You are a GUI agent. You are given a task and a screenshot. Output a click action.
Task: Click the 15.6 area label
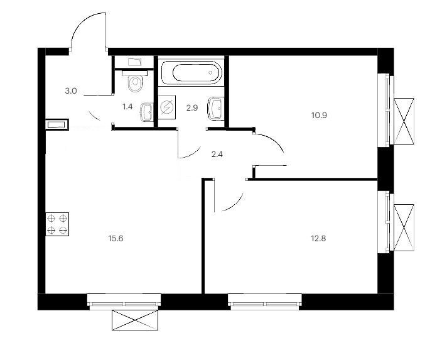tap(116, 239)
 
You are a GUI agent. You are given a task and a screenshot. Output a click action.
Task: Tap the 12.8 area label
tap(318, 239)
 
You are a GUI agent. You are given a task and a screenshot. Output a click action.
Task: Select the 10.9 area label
tap(319, 116)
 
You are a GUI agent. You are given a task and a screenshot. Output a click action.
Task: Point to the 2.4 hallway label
tap(217, 155)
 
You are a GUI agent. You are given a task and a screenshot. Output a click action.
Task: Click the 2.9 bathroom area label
tap(192, 108)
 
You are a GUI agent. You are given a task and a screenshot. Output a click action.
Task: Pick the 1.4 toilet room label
tap(127, 107)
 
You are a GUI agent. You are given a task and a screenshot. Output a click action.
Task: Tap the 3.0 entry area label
tap(71, 91)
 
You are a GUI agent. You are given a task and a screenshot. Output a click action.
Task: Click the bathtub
tap(191, 73)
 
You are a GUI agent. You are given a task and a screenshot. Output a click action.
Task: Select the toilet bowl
tap(135, 81)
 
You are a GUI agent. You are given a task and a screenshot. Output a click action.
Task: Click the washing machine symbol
tap(167, 107)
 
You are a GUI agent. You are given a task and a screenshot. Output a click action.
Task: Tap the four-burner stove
tap(57, 224)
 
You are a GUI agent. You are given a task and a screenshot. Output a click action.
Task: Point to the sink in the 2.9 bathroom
tap(216, 109)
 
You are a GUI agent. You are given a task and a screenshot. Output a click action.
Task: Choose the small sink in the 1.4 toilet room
tap(147, 112)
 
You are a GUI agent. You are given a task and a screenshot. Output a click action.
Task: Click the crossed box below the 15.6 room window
tap(135, 320)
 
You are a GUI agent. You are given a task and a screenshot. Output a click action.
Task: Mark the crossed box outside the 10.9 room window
tap(404, 121)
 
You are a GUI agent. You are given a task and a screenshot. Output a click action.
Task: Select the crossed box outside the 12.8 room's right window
tap(404, 227)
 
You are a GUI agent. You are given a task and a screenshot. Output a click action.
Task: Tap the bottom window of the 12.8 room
tap(265, 302)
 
